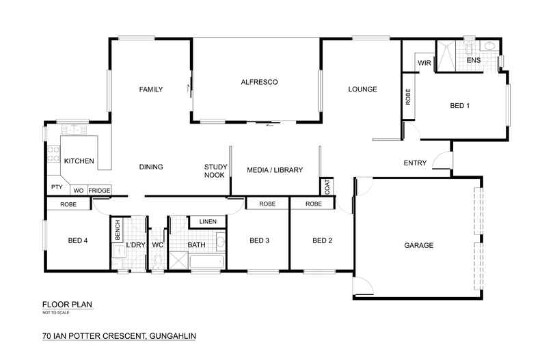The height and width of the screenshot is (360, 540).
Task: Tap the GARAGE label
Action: (x=418, y=245)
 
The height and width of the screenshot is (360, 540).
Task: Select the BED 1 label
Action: (x=459, y=106)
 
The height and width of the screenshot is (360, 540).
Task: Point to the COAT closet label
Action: (x=327, y=186)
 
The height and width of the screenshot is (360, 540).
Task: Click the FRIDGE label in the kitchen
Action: (x=99, y=190)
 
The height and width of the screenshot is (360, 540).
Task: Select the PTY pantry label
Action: (x=56, y=186)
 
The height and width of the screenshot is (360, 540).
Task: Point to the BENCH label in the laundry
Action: (x=118, y=227)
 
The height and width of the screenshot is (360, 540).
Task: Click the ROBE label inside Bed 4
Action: (x=68, y=204)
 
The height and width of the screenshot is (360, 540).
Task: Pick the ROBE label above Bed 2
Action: (x=314, y=204)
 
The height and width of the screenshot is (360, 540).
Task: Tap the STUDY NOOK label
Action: (x=215, y=171)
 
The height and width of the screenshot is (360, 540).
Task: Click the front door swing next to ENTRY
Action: (x=442, y=161)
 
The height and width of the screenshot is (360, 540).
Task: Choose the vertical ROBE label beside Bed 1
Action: (x=408, y=97)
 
